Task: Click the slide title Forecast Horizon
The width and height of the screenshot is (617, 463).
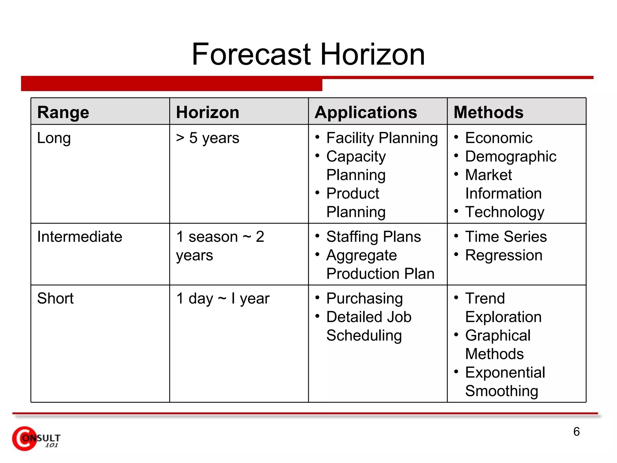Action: point(308,54)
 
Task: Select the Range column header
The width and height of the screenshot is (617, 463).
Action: point(63,112)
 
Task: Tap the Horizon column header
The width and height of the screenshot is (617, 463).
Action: point(208,112)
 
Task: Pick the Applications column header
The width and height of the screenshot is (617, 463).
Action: point(366,112)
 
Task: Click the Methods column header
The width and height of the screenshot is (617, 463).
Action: point(488,112)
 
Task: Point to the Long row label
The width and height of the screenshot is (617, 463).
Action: point(54,138)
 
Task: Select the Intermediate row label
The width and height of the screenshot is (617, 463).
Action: point(80,237)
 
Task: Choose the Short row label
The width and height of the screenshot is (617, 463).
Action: point(55,298)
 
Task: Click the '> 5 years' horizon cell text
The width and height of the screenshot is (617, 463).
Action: point(208,138)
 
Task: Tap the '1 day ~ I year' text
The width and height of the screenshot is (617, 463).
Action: point(223,298)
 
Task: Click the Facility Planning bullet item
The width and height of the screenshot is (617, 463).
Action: point(382,138)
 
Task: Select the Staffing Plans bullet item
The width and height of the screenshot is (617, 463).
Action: point(373,237)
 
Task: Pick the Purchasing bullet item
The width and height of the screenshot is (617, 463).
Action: point(364,298)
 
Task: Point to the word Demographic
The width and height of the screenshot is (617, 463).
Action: point(511,157)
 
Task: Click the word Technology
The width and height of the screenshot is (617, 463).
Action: point(505,212)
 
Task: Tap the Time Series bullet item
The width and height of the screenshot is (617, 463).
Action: point(506,237)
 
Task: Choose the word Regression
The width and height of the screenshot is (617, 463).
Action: point(504,255)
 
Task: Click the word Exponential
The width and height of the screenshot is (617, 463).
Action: point(505,373)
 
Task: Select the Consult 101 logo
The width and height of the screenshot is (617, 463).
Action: point(36,439)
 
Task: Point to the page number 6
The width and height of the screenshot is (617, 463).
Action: point(576,432)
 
